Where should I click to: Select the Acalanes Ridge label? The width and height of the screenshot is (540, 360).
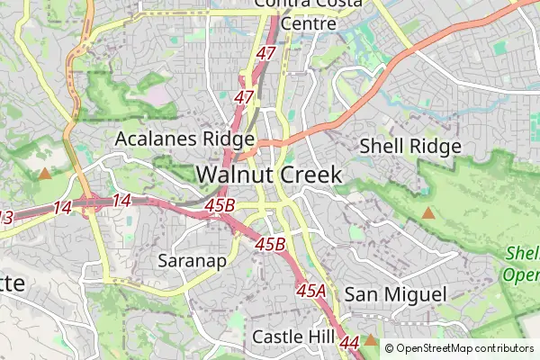[x=184, y=139]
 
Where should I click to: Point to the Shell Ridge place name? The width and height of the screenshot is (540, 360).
[x=409, y=146]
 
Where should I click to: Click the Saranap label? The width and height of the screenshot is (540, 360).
[x=191, y=261]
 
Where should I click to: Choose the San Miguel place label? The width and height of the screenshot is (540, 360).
[x=395, y=294]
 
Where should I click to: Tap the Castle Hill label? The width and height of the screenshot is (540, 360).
[x=293, y=336]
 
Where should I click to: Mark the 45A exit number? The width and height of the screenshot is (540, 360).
[x=310, y=290]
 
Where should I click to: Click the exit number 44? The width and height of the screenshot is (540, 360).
[x=350, y=342]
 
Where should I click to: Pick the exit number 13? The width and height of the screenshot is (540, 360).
[x=5, y=217]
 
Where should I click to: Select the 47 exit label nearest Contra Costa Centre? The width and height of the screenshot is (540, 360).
[x=265, y=54]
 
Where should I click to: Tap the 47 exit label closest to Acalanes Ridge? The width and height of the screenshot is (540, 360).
[x=244, y=96]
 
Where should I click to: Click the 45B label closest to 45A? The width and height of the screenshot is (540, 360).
[x=270, y=244]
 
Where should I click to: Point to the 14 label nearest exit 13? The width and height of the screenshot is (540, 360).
[x=62, y=208]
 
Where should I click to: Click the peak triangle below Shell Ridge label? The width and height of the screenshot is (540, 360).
[x=428, y=213]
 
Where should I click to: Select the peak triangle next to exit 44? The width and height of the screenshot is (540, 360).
[x=370, y=342]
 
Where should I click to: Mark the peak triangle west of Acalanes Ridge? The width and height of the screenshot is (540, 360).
[x=45, y=173]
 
